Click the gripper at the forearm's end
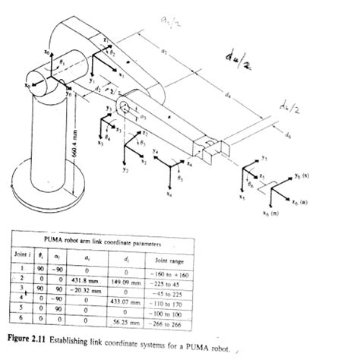(216, 147)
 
